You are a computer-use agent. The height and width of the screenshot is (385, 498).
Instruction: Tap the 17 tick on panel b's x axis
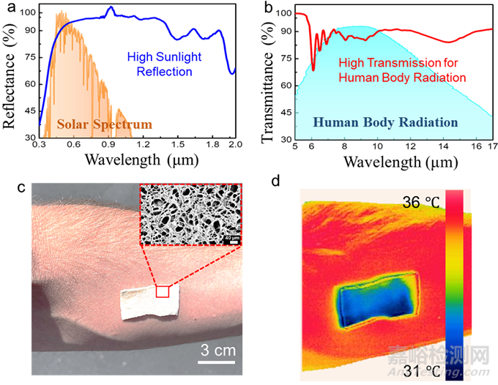[491, 146]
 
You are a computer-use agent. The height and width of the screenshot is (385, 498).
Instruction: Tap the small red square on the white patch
[163, 291]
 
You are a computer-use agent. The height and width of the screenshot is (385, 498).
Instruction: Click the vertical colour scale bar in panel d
[454, 285]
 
